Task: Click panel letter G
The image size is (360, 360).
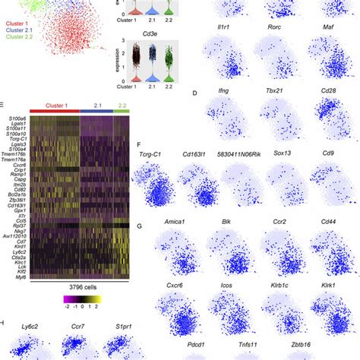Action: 137,225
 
